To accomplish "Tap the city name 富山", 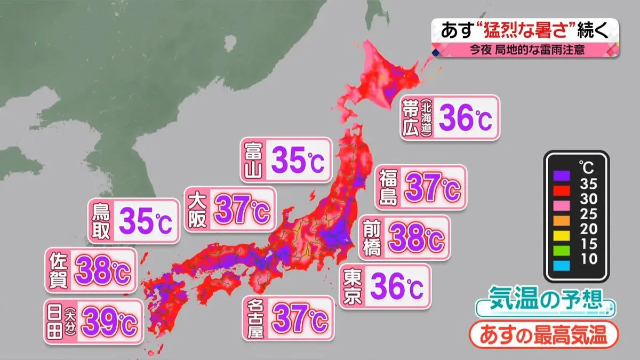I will pos(252,161).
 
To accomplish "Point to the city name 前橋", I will pos(372,238).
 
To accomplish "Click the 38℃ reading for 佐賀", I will pos(102,271).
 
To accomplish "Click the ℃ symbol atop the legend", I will pos(588,167).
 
